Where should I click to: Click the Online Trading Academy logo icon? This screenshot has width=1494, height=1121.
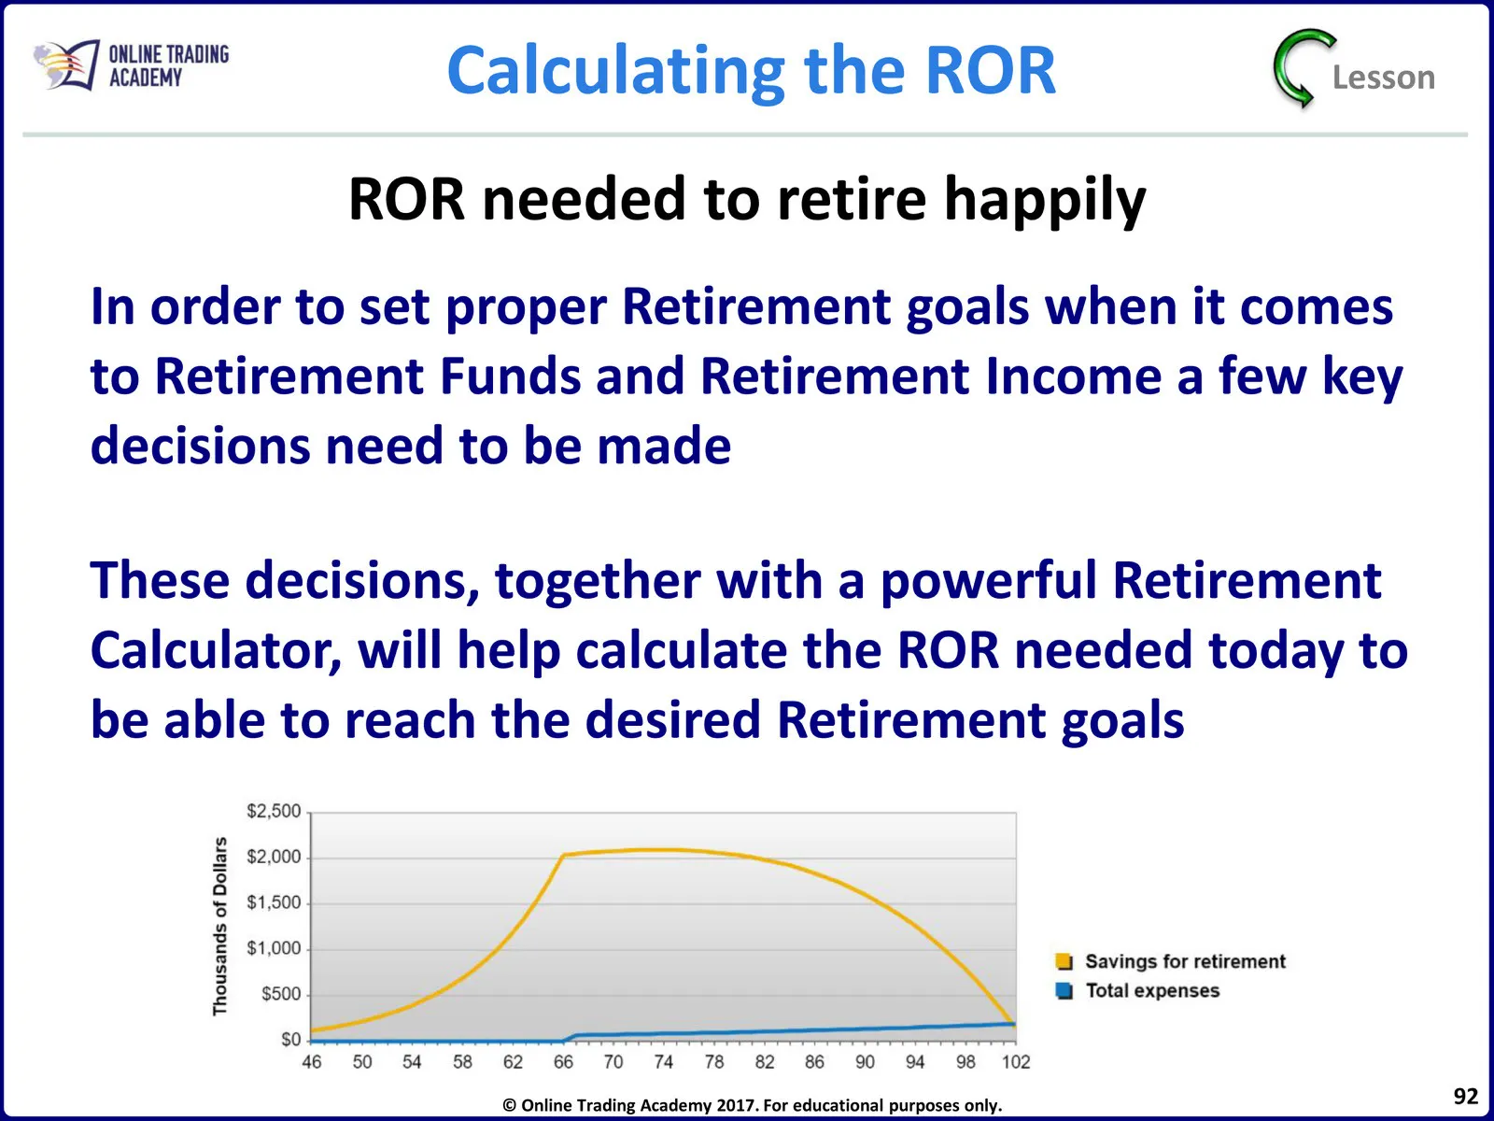click(66, 65)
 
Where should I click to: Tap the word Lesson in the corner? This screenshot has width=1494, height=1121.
click(1384, 78)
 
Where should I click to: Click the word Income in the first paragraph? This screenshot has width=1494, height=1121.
click(1074, 376)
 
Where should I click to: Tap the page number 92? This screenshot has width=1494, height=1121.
click(1465, 1096)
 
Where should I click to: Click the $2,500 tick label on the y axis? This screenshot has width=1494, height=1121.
click(274, 811)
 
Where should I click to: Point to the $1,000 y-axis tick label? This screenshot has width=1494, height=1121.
click(274, 949)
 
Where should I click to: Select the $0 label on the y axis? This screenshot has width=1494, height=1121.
click(290, 1040)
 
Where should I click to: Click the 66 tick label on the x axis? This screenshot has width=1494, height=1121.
click(563, 1062)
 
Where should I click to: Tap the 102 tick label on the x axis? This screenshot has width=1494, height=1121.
click(1016, 1062)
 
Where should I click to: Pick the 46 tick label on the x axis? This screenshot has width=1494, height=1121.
click(312, 1062)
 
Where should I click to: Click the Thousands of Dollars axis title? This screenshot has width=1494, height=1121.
click(219, 927)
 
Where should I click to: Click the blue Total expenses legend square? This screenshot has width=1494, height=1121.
click(1064, 991)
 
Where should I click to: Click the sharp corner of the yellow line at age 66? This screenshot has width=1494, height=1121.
click(564, 856)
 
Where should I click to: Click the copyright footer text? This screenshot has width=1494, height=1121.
click(752, 1105)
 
